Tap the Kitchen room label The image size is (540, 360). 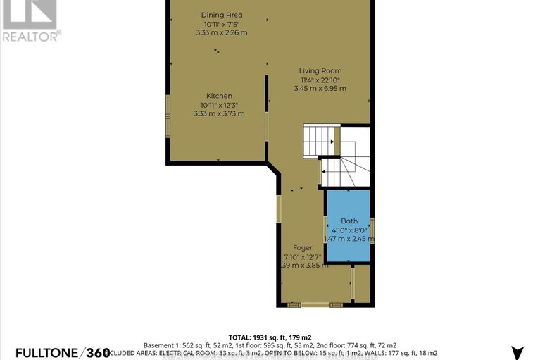[x=219, y=96]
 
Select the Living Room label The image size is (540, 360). [x=320, y=70]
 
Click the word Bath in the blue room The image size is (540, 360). [x=349, y=221]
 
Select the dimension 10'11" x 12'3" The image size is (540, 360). [x=219, y=105]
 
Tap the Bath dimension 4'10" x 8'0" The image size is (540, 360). [x=349, y=229]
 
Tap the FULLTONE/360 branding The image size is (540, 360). [x=55, y=351]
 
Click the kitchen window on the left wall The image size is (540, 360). [x=168, y=116]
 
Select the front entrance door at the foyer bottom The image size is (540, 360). [x=315, y=304]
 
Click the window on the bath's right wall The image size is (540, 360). [x=372, y=230]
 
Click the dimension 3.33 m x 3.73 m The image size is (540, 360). [x=219, y=113]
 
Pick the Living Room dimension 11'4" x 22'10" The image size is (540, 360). [x=320, y=80]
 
